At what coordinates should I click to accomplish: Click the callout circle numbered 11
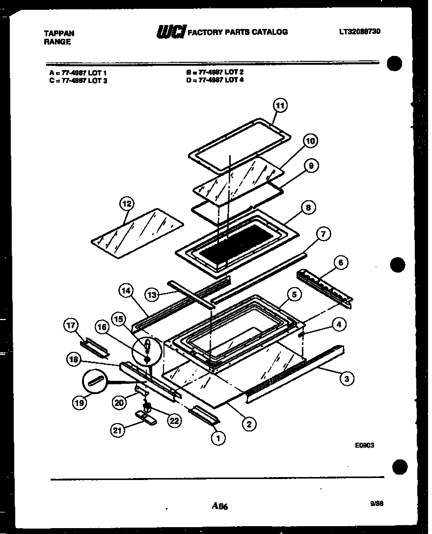(280, 106)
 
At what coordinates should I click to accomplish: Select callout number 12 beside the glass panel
(126, 204)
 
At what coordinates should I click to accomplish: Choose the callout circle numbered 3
(347, 379)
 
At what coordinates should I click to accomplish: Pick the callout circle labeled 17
(72, 325)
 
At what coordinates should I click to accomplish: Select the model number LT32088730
(359, 31)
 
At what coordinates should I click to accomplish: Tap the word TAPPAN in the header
(59, 33)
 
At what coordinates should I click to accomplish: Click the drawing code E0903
(365, 446)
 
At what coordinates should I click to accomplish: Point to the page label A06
(220, 506)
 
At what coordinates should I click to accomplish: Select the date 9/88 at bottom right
(377, 503)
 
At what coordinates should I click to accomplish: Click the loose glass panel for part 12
(137, 233)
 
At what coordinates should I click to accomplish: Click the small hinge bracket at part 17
(95, 347)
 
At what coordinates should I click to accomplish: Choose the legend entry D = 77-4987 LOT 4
(215, 80)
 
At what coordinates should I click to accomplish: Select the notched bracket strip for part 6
(326, 289)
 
